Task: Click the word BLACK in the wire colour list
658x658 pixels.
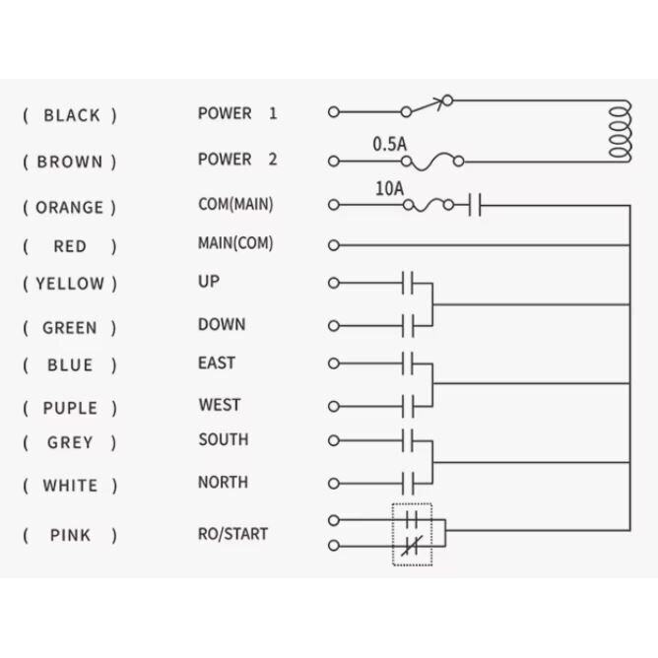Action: pyautogui.click(x=72, y=115)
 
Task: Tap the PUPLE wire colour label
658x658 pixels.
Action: pyautogui.click(x=70, y=408)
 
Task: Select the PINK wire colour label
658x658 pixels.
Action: pyautogui.click(x=70, y=535)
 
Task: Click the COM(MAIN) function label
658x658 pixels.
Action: pyautogui.click(x=235, y=204)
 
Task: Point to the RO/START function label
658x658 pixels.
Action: pyautogui.click(x=232, y=534)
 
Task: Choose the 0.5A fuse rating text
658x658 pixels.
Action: pyautogui.click(x=390, y=144)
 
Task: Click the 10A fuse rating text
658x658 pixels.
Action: pyautogui.click(x=389, y=188)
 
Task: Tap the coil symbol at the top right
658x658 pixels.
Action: pyautogui.click(x=620, y=131)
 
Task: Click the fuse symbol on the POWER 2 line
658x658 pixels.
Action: pyautogui.click(x=432, y=162)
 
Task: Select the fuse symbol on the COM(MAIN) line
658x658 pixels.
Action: pyautogui.click(x=428, y=205)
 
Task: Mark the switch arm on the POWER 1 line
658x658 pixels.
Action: pyautogui.click(x=428, y=105)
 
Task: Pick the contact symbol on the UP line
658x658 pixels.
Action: pyautogui.click(x=408, y=283)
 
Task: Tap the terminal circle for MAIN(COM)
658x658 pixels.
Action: pyautogui.click(x=334, y=245)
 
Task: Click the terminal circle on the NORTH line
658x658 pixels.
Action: pyautogui.click(x=334, y=484)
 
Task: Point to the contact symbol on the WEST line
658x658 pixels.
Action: pyautogui.click(x=408, y=406)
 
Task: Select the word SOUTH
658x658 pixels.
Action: pyautogui.click(x=224, y=439)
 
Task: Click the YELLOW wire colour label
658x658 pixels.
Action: pyautogui.click(x=70, y=284)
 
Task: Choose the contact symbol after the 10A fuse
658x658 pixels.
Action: pyautogui.click(x=475, y=205)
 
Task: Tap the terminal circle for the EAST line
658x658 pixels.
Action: pyautogui.click(x=334, y=363)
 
